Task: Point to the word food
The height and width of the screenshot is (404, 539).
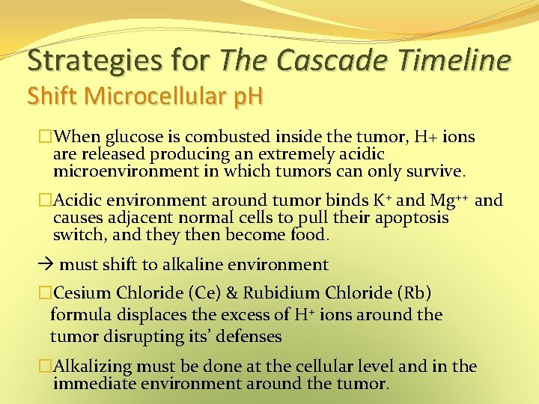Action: [308, 235]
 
